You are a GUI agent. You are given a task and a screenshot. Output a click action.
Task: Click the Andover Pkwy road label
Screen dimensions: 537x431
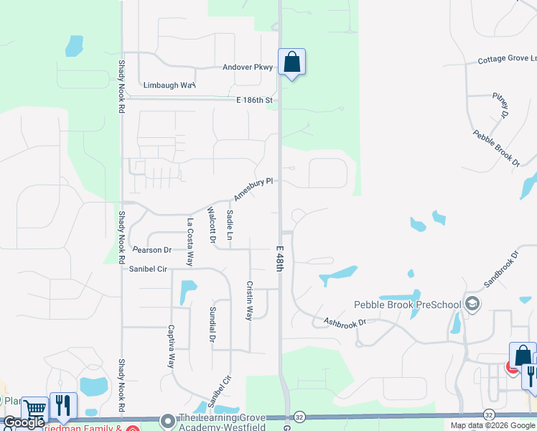(x=248, y=68)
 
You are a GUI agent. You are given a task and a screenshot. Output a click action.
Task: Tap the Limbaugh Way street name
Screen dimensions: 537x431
(x=169, y=85)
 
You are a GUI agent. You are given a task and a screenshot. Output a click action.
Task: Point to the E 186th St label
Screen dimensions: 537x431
(x=255, y=101)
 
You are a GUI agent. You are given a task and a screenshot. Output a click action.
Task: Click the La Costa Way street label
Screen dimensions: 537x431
(x=190, y=242)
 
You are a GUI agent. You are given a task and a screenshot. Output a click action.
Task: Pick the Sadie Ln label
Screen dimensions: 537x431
(x=230, y=225)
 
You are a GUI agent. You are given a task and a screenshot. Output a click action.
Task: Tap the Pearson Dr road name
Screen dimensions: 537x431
(x=152, y=250)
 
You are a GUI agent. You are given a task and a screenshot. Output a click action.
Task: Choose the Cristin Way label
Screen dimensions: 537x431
(x=250, y=300)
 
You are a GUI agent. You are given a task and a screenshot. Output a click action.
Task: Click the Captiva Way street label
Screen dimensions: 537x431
(x=172, y=346)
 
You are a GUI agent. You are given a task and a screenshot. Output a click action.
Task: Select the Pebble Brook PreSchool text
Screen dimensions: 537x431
(x=407, y=305)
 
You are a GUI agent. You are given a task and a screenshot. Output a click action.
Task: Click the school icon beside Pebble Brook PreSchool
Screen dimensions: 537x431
(x=472, y=304)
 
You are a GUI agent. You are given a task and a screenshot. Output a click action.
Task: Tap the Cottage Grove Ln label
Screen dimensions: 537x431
(x=507, y=60)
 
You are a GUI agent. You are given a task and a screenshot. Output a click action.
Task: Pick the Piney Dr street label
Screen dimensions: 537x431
(x=500, y=105)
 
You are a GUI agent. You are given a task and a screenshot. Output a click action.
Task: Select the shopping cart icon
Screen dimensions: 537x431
(x=34, y=409)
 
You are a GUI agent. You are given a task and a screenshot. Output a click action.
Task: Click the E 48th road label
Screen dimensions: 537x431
(x=281, y=258)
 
